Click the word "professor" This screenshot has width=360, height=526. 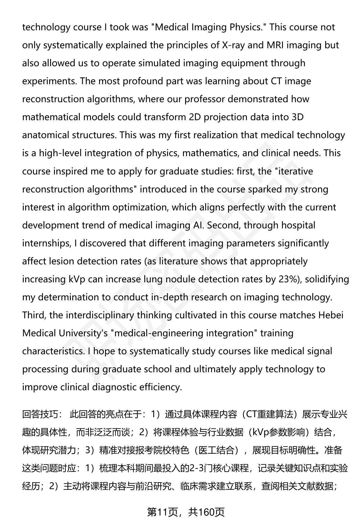click(x=205, y=99)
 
